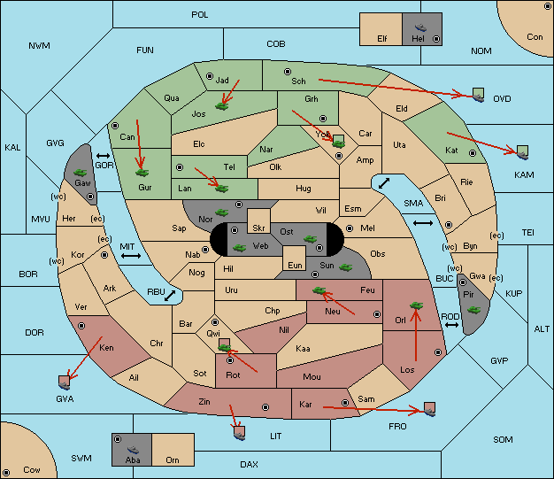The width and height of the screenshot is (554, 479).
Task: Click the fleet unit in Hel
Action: pyautogui.click(x=420, y=27)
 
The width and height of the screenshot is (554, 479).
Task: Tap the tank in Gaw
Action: pyautogui.click(x=80, y=172)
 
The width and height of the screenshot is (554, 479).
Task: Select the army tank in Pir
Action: pyautogui.click(x=473, y=310)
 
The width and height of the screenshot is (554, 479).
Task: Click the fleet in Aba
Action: pyautogui.click(x=133, y=449)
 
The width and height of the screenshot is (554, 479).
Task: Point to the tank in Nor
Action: pyautogui.click(x=221, y=212)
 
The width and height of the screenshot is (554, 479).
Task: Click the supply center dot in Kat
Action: pyautogui.click(x=473, y=153)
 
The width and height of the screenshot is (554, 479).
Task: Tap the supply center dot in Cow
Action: pyautogui.click(x=6, y=473)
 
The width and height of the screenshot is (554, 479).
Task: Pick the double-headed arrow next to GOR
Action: pyautogui.click(x=104, y=156)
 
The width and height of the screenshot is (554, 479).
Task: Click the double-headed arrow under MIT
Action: pyautogui.click(x=131, y=256)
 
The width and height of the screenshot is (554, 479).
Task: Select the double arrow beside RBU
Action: pyautogui.click(x=170, y=296)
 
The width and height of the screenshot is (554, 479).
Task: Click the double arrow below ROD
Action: pyautogui.click(x=451, y=325)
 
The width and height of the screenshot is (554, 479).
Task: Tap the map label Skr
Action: pyautogui.click(x=258, y=228)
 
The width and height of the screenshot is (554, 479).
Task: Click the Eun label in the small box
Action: pyautogui.click(x=295, y=265)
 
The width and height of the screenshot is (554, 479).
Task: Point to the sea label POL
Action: pyautogui.click(x=200, y=15)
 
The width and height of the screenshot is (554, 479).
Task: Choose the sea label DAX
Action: pyautogui.click(x=249, y=464)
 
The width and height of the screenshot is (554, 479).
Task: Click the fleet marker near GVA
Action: pyautogui.click(x=65, y=383)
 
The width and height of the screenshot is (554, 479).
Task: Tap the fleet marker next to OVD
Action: pyautogui.click(x=479, y=96)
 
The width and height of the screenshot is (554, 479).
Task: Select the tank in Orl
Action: pyautogui.click(x=416, y=305)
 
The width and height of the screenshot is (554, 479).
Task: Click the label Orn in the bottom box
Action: pyautogui.click(x=173, y=460)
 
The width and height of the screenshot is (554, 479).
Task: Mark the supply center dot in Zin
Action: pyautogui.click(x=265, y=407)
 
